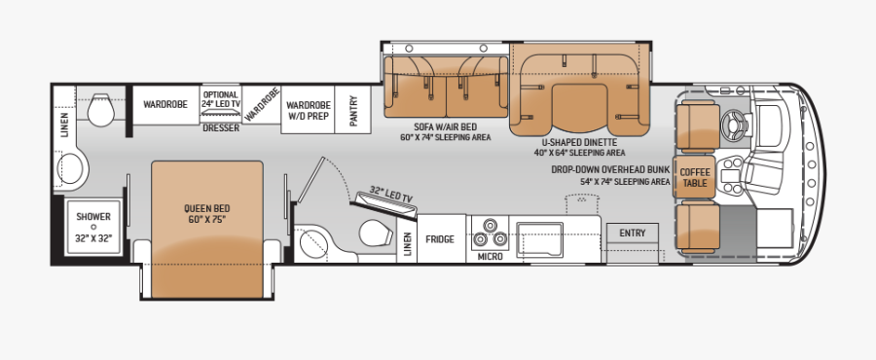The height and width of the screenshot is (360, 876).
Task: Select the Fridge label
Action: [440, 237]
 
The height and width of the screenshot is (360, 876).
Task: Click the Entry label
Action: [632, 233]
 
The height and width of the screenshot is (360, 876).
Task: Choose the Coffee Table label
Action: [694, 177]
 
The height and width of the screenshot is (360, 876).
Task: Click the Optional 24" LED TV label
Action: [220, 98]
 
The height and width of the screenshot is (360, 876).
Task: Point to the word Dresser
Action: [220, 126]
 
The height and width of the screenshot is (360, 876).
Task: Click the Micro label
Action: [489, 257]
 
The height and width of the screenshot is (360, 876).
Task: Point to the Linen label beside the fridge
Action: [407, 244]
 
